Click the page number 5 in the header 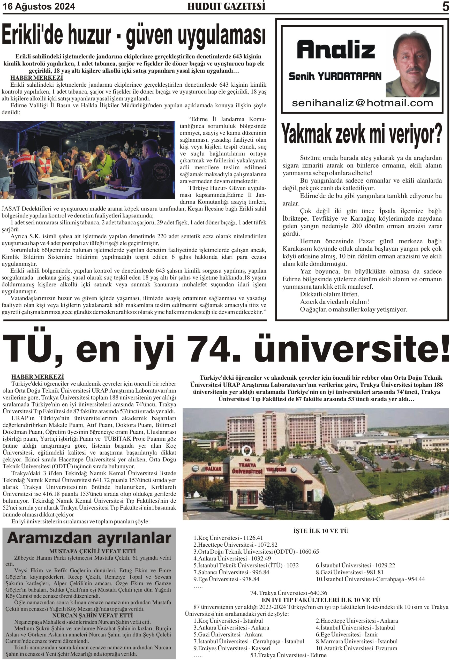[x=445, y=7]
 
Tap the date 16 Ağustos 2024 [x=39, y=6]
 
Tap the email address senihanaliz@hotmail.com [x=362, y=103]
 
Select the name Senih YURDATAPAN [x=335, y=76]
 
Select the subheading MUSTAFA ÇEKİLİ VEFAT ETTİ [x=92, y=551]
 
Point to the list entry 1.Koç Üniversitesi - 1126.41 [x=228, y=538]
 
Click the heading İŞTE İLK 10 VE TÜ [x=321, y=531]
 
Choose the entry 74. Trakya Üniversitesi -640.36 [x=288, y=593]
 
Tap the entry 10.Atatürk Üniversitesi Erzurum [x=356, y=648]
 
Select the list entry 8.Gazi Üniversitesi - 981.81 [x=349, y=572]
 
